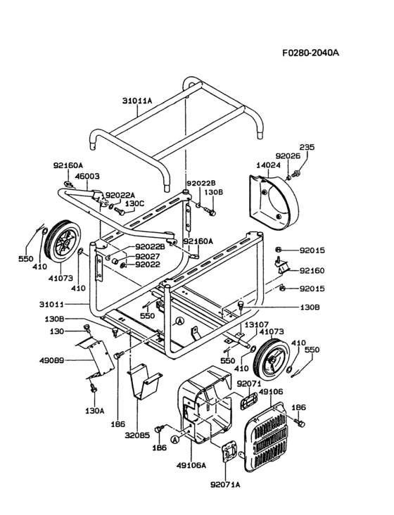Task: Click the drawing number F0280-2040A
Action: [310, 53]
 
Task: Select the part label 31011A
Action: [137, 101]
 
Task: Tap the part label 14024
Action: [269, 165]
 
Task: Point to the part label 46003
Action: [87, 177]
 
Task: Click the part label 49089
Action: [51, 360]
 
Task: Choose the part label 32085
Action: [137, 435]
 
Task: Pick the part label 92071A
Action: [225, 485]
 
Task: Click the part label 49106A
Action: [191, 465]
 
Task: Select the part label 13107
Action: [256, 324]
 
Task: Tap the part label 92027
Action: [148, 257]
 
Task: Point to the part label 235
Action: [307, 147]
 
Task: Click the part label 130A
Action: [95, 410]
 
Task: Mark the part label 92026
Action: [288, 155]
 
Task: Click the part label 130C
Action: [134, 203]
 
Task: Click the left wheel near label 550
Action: [63, 241]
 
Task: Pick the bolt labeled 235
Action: [295, 173]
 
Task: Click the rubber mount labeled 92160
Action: [281, 266]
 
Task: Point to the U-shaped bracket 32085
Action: [144, 381]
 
